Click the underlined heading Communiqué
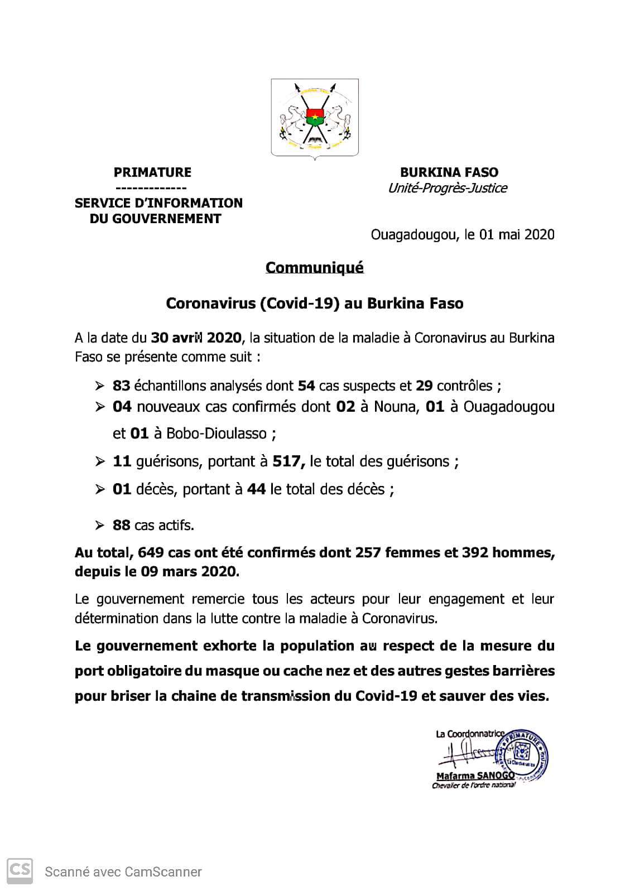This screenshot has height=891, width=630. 314,268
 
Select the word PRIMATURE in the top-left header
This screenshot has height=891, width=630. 152,172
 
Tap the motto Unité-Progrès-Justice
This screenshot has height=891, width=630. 448,188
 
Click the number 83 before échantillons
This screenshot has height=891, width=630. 121,386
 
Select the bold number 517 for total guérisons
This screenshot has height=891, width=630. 287,462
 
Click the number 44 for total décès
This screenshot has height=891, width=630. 256,489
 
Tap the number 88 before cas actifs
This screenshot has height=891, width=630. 121,525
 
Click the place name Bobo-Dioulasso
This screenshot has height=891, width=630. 214,434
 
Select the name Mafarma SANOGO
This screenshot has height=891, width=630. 475,776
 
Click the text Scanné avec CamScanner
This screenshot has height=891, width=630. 123,871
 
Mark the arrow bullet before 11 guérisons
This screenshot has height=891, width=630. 100,462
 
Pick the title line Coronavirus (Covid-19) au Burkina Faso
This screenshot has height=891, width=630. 314,304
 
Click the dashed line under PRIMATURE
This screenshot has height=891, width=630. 151,188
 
